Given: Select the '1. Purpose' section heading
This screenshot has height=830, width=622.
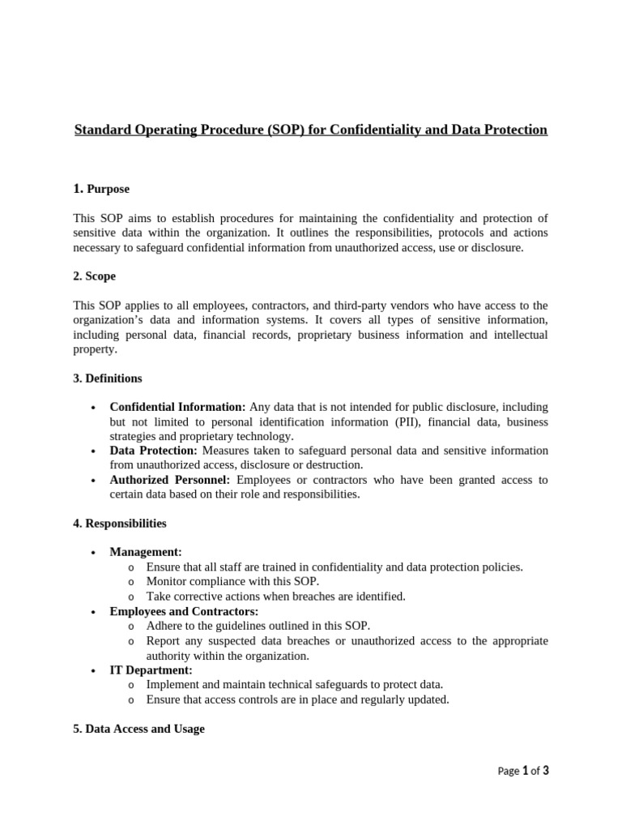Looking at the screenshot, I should coord(101,189).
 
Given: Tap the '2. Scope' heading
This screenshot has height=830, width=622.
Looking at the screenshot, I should coord(94,276).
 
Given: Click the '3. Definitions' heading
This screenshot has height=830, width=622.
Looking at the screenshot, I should coord(107,379).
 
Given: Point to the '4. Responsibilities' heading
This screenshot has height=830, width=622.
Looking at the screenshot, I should coord(119,524).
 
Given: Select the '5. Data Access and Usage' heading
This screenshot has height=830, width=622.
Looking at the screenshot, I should coord(138,729).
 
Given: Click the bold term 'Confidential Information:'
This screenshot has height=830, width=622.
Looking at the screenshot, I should coord(177,407).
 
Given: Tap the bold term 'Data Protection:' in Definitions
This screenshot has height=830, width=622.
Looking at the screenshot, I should coord(153,451).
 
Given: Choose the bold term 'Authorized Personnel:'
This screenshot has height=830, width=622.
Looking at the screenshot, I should coord(171,480).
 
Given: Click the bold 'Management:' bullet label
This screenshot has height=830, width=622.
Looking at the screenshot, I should coord(146,553).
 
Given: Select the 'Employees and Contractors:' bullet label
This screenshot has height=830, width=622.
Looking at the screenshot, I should coord(184,611).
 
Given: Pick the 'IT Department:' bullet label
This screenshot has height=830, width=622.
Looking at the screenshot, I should coord(151,670).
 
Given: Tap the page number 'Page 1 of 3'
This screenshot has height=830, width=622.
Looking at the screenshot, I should coord(523,771).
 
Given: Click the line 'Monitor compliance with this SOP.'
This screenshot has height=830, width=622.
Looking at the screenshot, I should coord(232,582).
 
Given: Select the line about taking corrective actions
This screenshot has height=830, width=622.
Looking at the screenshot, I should coord(275,597).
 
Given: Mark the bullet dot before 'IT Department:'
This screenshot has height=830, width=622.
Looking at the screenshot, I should coord(95,671).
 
